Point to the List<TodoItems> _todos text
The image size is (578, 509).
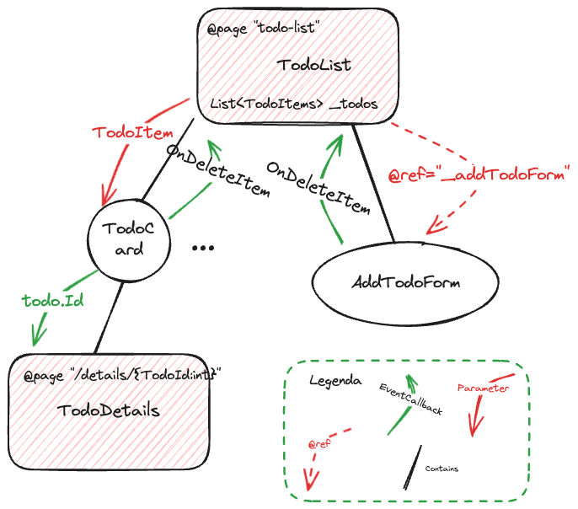point(293,104)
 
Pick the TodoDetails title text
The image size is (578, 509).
point(109,410)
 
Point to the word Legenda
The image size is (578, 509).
point(335,381)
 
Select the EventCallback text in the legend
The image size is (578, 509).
point(411,400)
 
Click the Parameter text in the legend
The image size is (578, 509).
point(483,388)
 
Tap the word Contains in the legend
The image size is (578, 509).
point(442,469)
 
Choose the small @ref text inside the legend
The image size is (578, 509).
point(318,443)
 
